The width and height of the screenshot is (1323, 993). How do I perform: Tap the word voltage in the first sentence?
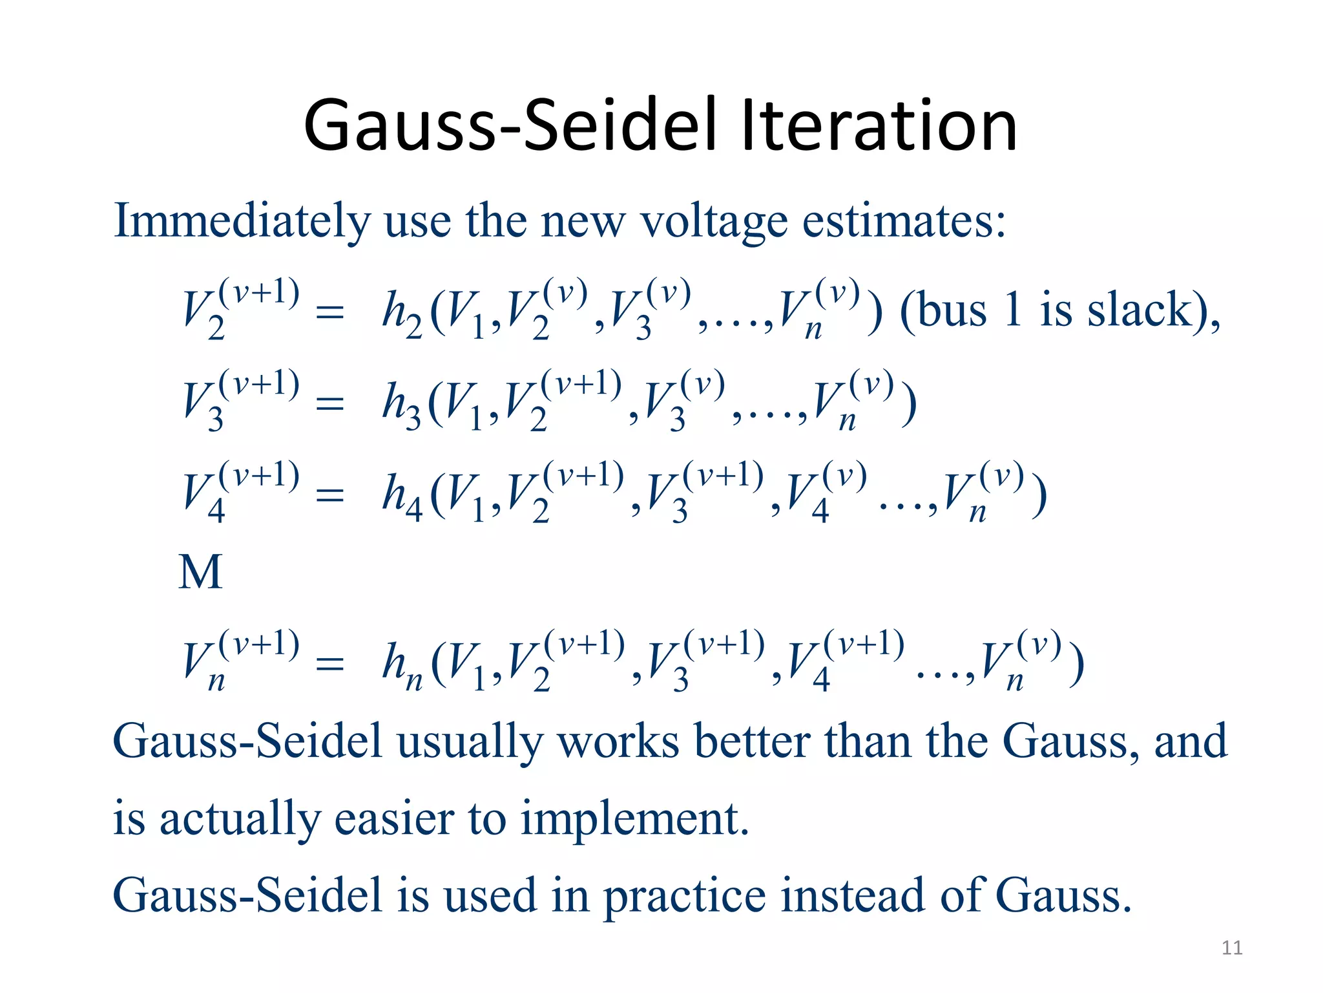(x=713, y=221)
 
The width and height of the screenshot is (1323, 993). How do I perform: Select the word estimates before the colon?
(x=897, y=221)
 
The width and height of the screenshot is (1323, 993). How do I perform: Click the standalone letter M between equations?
(x=200, y=573)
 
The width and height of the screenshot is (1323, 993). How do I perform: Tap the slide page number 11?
(x=1232, y=948)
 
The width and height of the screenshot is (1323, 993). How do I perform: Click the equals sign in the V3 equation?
(x=329, y=404)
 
